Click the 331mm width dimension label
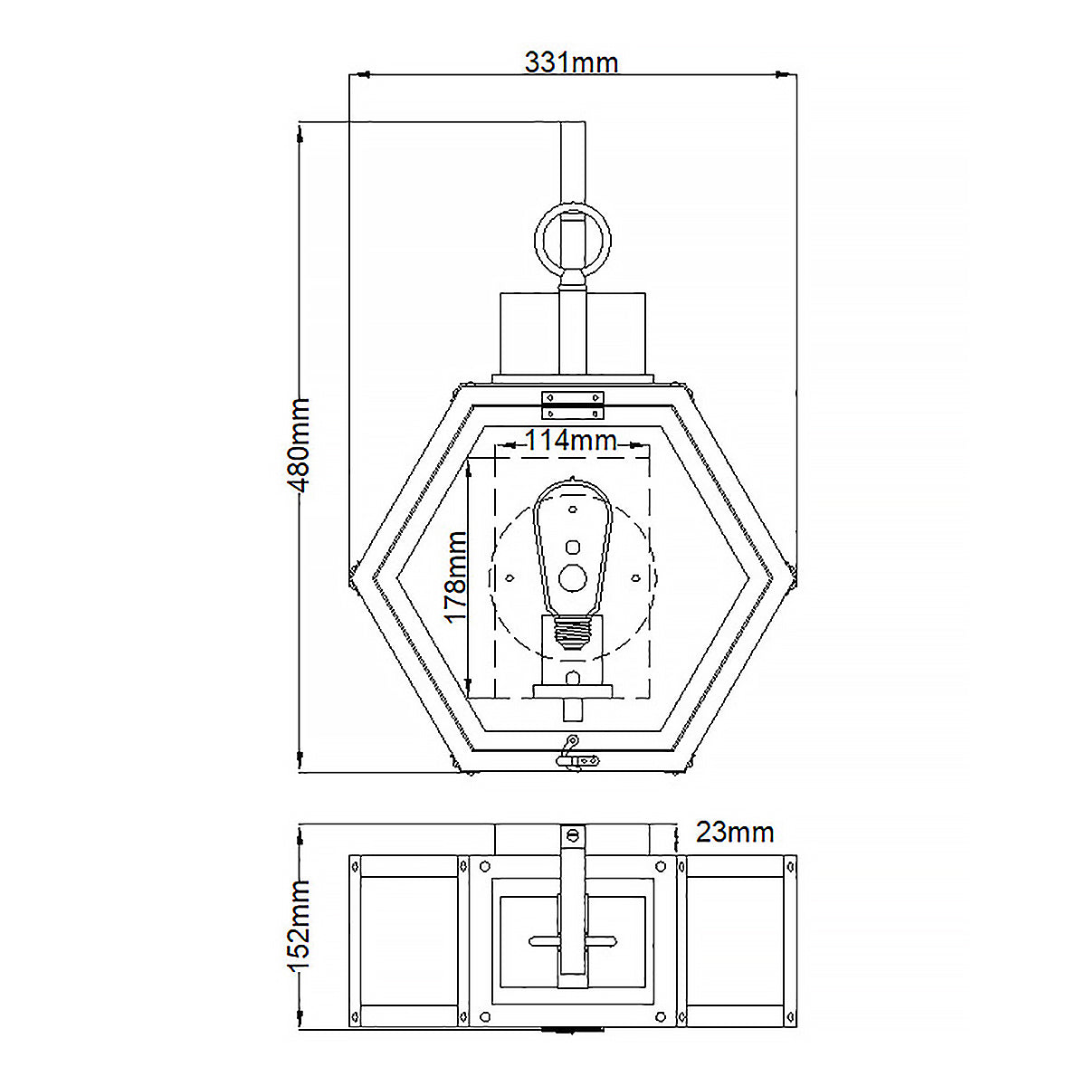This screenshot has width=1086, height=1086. (571, 62)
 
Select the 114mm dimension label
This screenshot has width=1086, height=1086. (571, 440)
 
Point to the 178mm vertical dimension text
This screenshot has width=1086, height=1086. (456, 577)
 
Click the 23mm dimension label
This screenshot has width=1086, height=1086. (734, 832)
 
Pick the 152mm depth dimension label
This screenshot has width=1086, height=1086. (299, 926)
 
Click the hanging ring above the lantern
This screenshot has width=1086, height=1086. (573, 240)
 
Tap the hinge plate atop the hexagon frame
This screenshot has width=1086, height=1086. (573, 405)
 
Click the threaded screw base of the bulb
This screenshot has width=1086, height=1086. (573, 633)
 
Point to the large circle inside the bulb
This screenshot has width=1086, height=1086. (573, 577)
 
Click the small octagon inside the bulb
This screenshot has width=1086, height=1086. (573, 548)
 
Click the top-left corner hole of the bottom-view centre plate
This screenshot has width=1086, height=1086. (485, 866)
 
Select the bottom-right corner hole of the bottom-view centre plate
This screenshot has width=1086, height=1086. (661, 1017)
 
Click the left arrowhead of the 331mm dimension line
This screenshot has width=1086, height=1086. (361, 74)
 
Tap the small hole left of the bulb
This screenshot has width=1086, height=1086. (510, 577)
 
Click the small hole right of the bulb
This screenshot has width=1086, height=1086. (635, 577)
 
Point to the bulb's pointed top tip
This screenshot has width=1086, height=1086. (573, 477)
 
